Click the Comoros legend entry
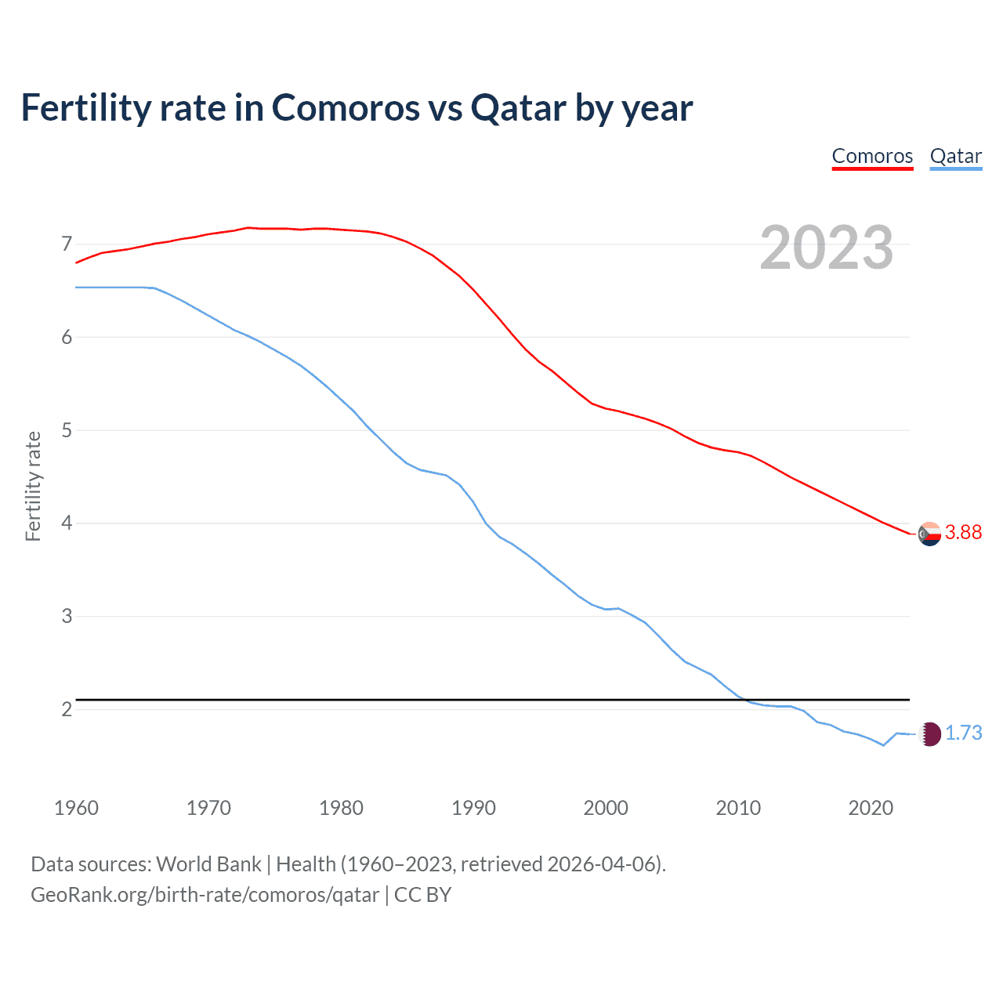click(872, 156)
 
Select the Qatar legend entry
click(955, 156)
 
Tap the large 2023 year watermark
click(826, 248)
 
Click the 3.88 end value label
click(963, 533)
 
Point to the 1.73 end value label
click(963, 733)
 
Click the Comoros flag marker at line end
click(929, 534)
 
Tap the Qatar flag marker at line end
click(929, 734)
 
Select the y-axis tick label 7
click(67, 244)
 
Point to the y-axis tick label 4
click(67, 523)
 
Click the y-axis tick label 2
click(67, 709)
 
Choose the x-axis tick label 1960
click(76, 808)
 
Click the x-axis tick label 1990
click(473, 808)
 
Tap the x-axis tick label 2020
click(871, 808)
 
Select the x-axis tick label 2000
click(606, 808)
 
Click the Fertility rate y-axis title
click(33, 486)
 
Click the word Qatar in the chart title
click(518, 108)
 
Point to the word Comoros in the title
click(346, 108)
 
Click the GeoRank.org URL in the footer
click(205, 895)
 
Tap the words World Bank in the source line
click(208, 864)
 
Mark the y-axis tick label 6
click(67, 337)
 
